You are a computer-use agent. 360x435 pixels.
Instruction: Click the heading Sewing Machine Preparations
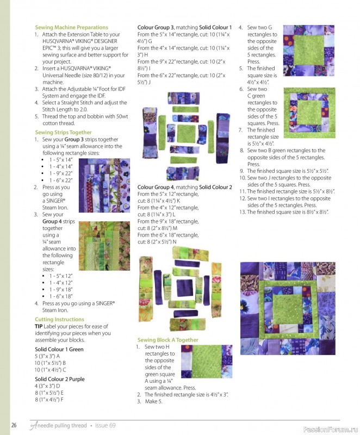(x=72, y=28)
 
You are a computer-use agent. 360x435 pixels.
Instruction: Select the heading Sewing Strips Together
(x=63, y=132)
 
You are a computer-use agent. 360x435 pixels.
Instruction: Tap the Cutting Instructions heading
(x=59, y=319)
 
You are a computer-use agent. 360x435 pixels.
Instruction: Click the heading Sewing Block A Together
(x=168, y=340)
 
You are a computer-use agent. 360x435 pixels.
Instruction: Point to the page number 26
(x=14, y=425)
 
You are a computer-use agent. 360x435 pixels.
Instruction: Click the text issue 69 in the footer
(x=105, y=425)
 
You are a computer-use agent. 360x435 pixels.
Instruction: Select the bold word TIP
(x=39, y=326)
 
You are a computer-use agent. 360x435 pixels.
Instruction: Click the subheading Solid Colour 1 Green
(x=59, y=349)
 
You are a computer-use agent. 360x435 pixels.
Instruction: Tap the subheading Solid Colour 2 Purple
(x=60, y=379)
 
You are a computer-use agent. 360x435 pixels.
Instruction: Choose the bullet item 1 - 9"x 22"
(x=61, y=173)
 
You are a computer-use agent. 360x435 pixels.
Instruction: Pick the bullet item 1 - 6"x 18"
(x=61, y=296)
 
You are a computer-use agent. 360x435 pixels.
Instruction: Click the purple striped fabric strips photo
(x=104, y=185)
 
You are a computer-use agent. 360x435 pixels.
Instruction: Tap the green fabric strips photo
(x=104, y=246)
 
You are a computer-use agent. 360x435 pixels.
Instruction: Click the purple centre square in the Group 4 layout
(x=184, y=288)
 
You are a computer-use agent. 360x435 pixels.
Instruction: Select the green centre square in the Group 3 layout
(x=186, y=133)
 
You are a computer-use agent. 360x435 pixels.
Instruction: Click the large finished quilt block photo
(x=288, y=308)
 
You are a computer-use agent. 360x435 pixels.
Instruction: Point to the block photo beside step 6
(x=309, y=113)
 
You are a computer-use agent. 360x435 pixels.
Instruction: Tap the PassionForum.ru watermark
(x=331, y=430)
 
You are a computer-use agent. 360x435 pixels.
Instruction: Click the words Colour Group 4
(x=156, y=187)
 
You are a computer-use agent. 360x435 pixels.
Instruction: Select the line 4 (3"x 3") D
(x=47, y=386)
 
